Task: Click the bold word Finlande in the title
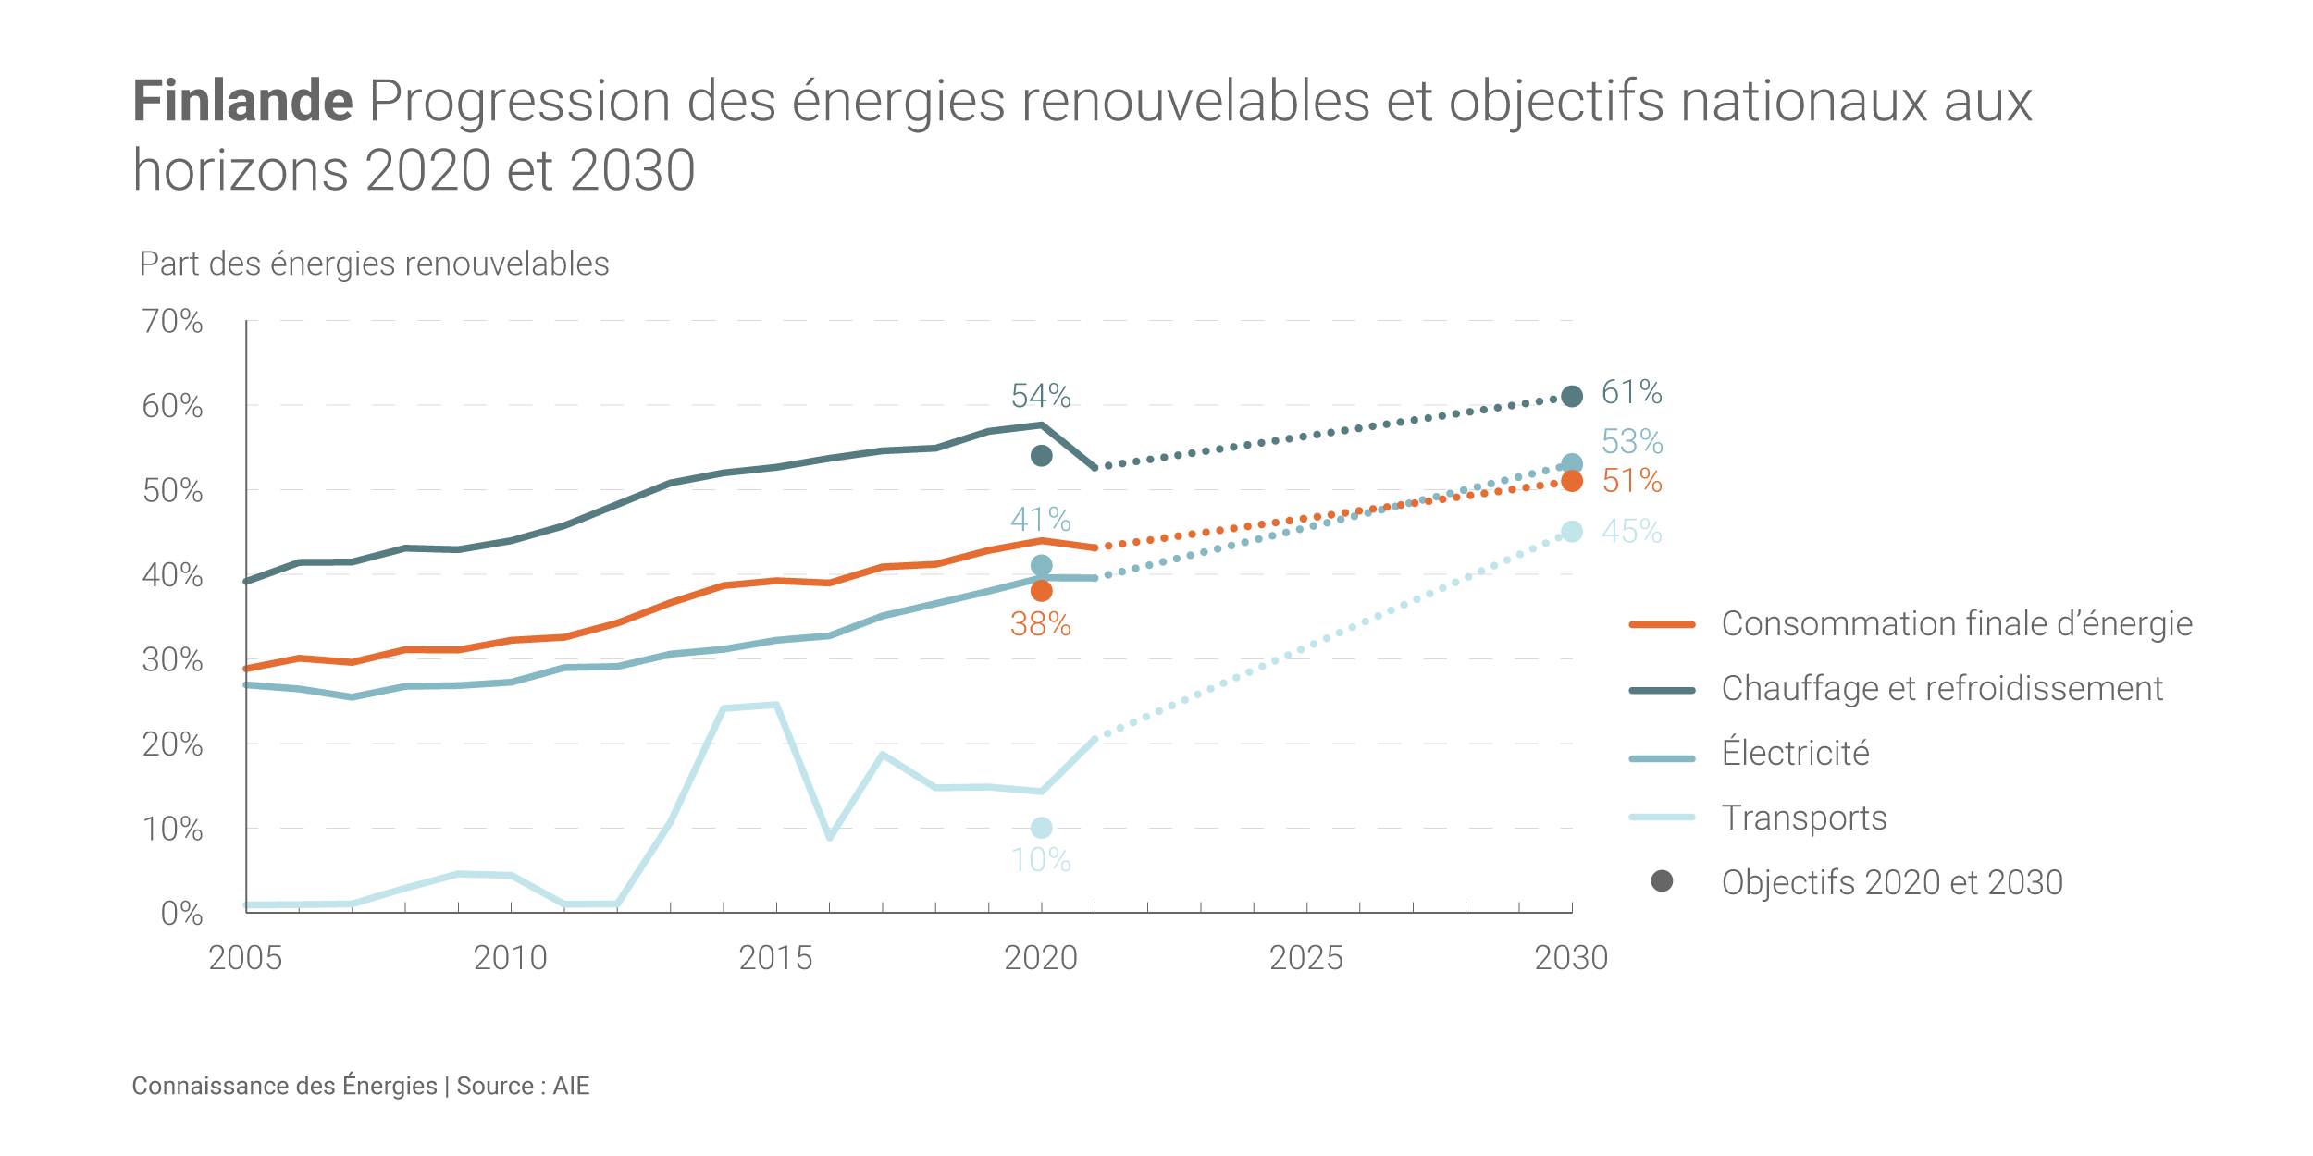pyautogui.click(x=242, y=101)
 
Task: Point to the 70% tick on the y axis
pyautogui.click(x=172, y=321)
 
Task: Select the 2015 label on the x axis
pyautogui.click(x=775, y=958)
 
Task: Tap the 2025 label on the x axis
pyautogui.click(x=1305, y=958)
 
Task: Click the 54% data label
pyautogui.click(x=1041, y=396)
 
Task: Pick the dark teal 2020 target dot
pyautogui.click(x=1041, y=456)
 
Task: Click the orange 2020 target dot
pyautogui.click(x=1041, y=591)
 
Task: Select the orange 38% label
pyautogui.click(x=1041, y=625)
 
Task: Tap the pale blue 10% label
pyautogui.click(x=1041, y=861)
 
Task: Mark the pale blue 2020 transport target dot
pyautogui.click(x=1041, y=828)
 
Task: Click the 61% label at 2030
pyautogui.click(x=1632, y=392)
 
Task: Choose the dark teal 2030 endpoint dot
pyautogui.click(x=1571, y=397)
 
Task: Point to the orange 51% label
pyautogui.click(x=1632, y=481)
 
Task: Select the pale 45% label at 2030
pyautogui.click(x=1632, y=532)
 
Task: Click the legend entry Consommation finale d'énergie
pyautogui.click(x=1956, y=624)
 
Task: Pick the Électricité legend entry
pyautogui.click(x=1795, y=754)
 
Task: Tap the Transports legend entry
pyautogui.click(x=1803, y=818)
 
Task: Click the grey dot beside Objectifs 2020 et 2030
pyautogui.click(x=1662, y=881)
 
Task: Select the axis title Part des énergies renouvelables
pyautogui.click(x=374, y=264)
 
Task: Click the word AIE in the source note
pyautogui.click(x=571, y=1086)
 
